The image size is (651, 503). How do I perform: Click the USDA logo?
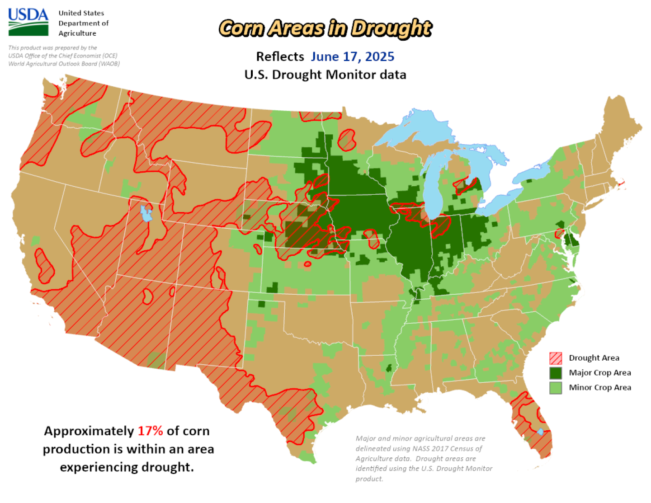(x=28, y=22)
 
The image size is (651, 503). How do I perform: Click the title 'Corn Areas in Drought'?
(x=325, y=28)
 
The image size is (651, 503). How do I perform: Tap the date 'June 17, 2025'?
(x=352, y=56)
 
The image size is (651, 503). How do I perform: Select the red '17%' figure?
(x=150, y=431)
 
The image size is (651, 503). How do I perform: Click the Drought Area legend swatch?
(x=556, y=358)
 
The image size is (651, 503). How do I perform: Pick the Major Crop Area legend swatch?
(x=556, y=373)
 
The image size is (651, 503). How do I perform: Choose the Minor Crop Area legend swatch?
(x=556, y=388)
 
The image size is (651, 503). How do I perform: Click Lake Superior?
(x=420, y=127)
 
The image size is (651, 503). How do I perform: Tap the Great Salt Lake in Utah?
(x=146, y=214)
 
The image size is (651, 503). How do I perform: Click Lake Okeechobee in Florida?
(x=540, y=432)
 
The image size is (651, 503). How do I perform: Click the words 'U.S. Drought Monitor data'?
(x=325, y=75)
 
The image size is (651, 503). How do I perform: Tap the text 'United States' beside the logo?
(x=81, y=13)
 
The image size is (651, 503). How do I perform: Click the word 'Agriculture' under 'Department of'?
(x=77, y=33)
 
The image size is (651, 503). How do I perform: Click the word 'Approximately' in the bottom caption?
(x=89, y=431)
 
